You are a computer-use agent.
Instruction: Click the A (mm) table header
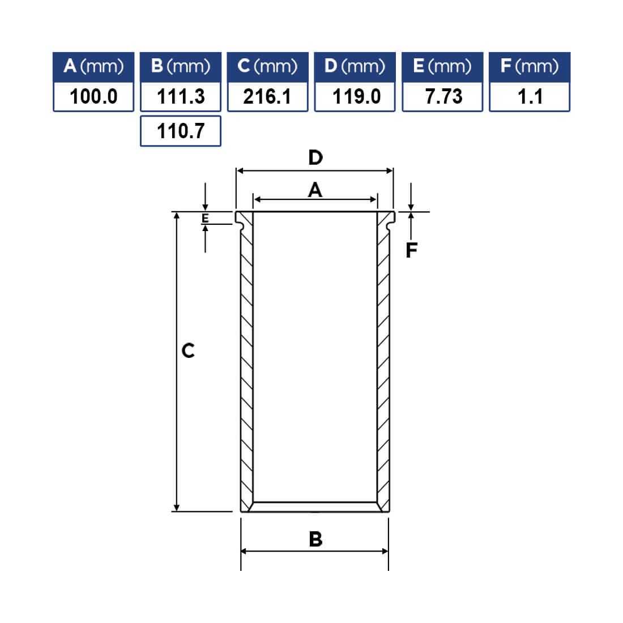coord(93,67)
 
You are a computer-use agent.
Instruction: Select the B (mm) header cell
coord(181,67)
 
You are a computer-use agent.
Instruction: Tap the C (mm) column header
coord(268,67)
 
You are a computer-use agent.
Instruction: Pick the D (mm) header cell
coord(355,67)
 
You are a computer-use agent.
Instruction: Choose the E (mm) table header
coord(443,67)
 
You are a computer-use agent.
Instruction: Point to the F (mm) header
coord(530,67)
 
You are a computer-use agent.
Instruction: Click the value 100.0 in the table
coord(93,97)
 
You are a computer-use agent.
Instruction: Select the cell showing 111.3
coord(181,97)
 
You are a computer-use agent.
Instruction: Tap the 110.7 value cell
coord(181,131)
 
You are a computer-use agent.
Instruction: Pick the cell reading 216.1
coord(268,97)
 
